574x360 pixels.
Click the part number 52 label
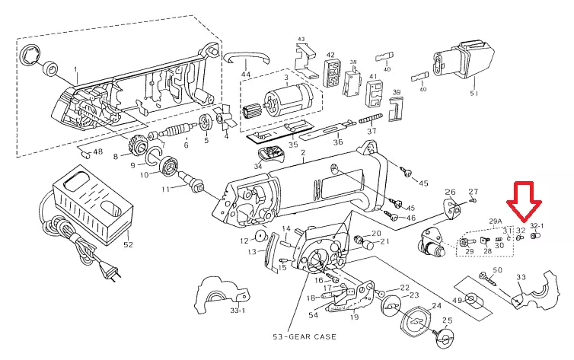click(x=127, y=244)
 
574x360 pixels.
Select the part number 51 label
click(x=474, y=94)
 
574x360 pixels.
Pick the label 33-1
click(x=237, y=311)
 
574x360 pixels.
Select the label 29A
click(x=495, y=218)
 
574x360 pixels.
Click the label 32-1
click(x=537, y=226)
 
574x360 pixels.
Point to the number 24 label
click(x=436, y=306)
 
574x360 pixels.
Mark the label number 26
click(x=449, y=192)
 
